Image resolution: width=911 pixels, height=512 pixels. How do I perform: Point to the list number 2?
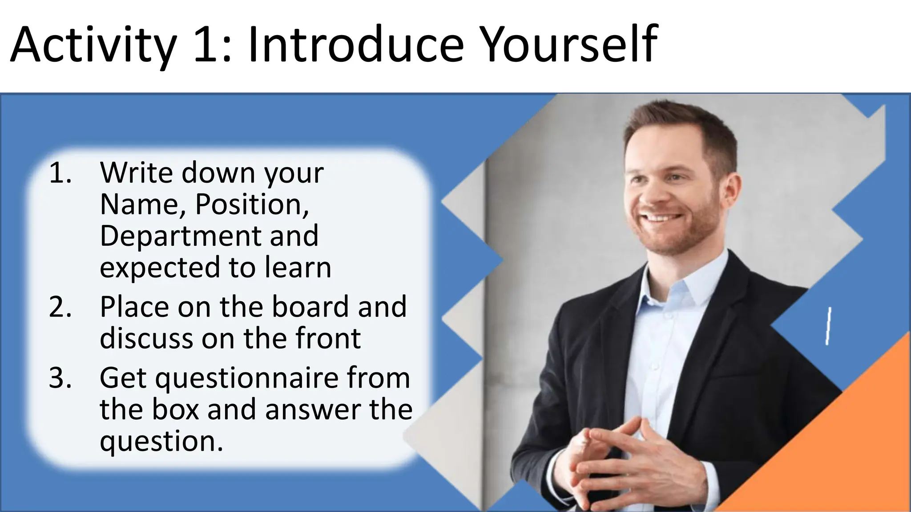coord(60,307)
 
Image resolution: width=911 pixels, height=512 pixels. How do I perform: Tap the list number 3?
coord(60,378)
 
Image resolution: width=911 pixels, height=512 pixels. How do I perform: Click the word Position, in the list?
coord(252,204)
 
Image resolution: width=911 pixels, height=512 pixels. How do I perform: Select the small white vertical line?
coord(829,325)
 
